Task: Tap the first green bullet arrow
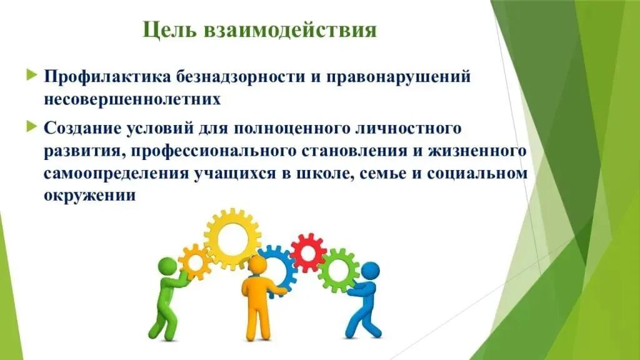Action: [x=32, y=76]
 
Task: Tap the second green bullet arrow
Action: [x=32, y=126]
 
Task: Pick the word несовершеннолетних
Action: [x=132, y=99]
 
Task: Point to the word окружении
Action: [x=90, y=195]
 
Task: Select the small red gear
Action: [x=308, y=252]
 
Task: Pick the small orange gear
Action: [x=195, y=261]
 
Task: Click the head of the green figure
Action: [x=168, y=267]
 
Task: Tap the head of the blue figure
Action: [x=371, y=271]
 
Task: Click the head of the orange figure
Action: [x=256, y=265]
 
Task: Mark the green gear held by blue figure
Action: [x=338, y=271]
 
